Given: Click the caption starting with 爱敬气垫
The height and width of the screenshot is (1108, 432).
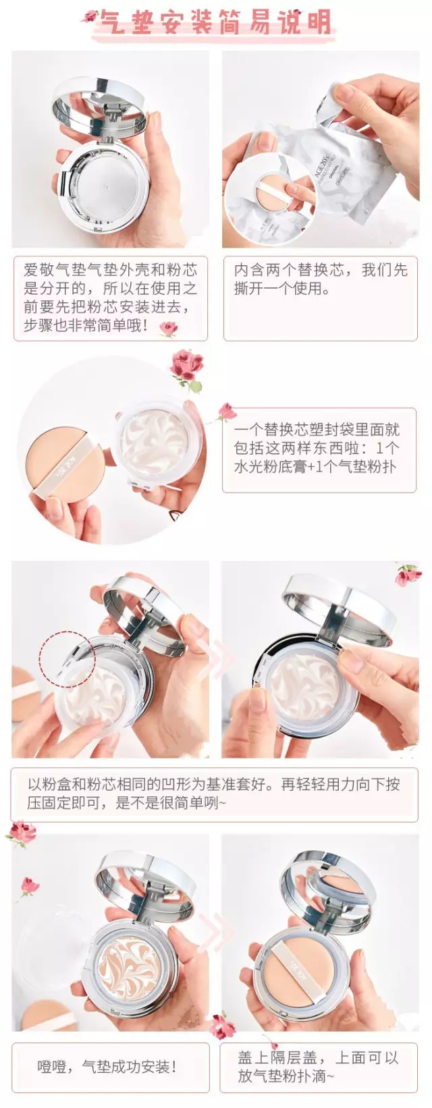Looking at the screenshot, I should [x=110, y=298].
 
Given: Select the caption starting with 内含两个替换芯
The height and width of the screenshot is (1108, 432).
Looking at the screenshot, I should [x=320, y=279].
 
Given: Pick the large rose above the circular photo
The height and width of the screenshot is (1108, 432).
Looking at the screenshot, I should [x=186, y=368].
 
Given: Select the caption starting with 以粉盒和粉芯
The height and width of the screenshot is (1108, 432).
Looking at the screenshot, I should [x=214, y=793].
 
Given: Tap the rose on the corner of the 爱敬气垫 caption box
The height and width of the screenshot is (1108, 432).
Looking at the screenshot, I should [x=168, y=329].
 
